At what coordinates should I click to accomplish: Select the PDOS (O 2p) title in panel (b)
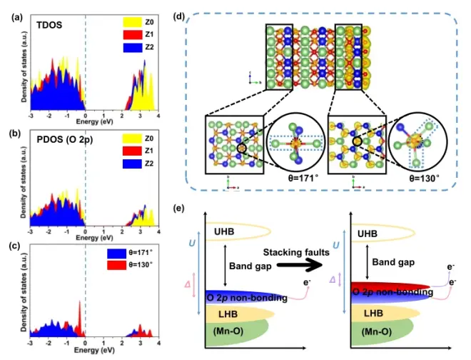click(64, 140)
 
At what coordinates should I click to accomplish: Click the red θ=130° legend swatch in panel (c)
click(123, 266)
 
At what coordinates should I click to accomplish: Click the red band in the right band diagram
click(392, 287)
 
